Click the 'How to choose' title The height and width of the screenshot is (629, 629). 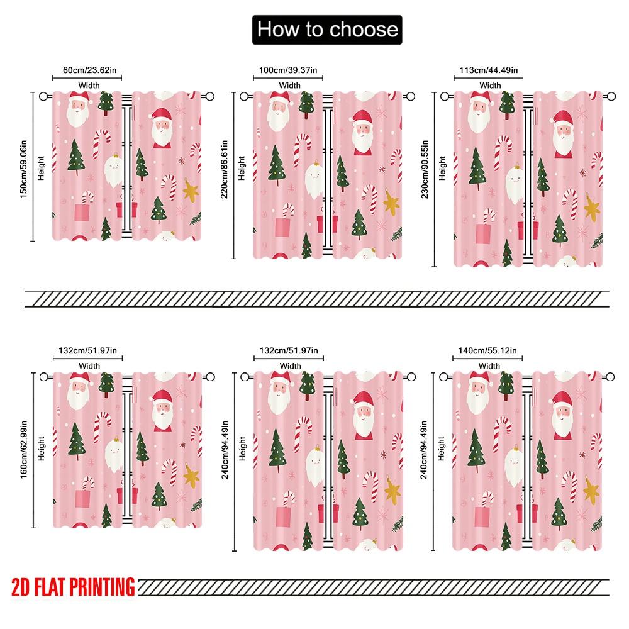coord(326,30)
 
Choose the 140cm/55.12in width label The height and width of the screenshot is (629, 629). coord(489,351)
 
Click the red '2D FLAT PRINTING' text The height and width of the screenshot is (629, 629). coord(73,587)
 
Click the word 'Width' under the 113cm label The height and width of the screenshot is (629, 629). coord(490,86)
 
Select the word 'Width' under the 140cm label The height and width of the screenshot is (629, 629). coord(489,365)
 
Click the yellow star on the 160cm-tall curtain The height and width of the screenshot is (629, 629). coord(191,476)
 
